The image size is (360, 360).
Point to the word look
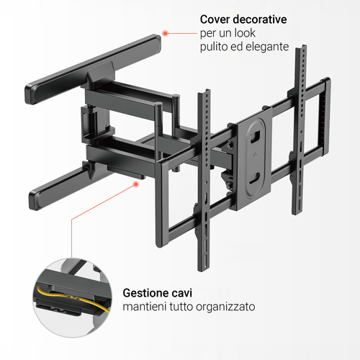[x=245, y=33]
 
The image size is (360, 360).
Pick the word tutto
[x=181, y=307]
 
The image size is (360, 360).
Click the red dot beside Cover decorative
[x=165, y=33]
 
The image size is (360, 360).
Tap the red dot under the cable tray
[x=136, y=184]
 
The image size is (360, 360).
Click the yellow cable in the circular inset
[x=72, y=297]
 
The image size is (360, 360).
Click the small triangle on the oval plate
[x=254, y=155]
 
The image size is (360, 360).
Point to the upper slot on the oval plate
[x=255, y=136]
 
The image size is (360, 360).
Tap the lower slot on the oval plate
[x=254, y=178]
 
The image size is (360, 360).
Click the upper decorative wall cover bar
[x=93, y=69]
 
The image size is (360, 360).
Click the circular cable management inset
[x=73, y=297]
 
